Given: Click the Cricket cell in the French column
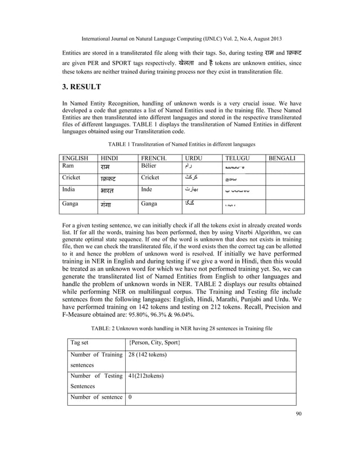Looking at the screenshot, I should pos(150,177).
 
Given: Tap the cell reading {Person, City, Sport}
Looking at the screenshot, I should pos(154,343).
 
